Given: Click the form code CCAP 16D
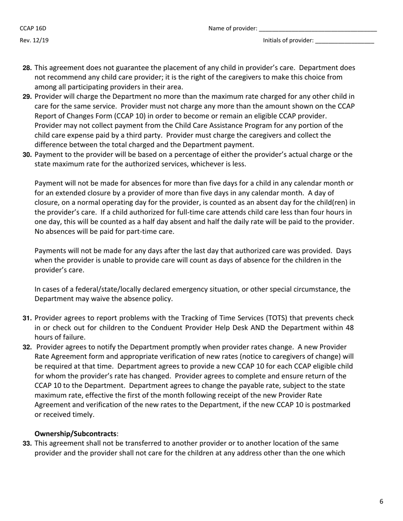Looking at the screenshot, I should pyautogui.click(x=33, y=28).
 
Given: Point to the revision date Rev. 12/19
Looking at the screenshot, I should pyautogui.click(x=34, y=41).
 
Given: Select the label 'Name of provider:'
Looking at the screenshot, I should pyautogui.click(x=232, y=28).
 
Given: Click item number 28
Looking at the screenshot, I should pyautogui.click(x=27, y=68).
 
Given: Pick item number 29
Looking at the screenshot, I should pyautogui.click(x=27, y=97).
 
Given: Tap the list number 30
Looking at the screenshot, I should pyautogui.click(x=27, y=155).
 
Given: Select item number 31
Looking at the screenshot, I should pyautogui.click(x=27, y=318).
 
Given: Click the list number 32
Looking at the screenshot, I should pyautogui.click(x=27, y=347).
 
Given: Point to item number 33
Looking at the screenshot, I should pyautogui.click(x=27, y=443).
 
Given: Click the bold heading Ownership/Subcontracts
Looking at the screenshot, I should pyautogui.click(x=75, y=434).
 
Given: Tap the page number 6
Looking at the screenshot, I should pyautogui.click(x=381, y=502).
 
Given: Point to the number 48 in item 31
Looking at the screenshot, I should pyautogui.click(x=349, y=327).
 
